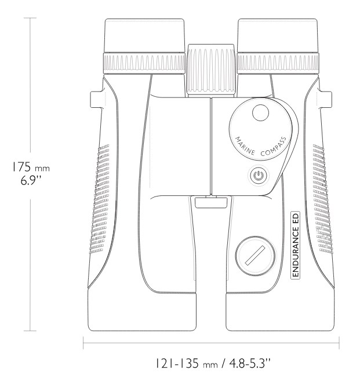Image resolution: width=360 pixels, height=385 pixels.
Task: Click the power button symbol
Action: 258,176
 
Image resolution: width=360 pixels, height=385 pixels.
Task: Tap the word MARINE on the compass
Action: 245,146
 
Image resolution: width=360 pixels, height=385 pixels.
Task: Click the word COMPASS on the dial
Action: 274,147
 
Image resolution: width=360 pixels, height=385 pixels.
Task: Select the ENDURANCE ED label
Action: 296,245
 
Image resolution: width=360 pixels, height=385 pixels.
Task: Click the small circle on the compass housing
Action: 260,112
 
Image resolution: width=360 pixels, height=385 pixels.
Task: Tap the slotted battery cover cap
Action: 256,256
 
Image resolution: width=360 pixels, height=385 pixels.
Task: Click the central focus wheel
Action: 211,70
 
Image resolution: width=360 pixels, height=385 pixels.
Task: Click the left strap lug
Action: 96,100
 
